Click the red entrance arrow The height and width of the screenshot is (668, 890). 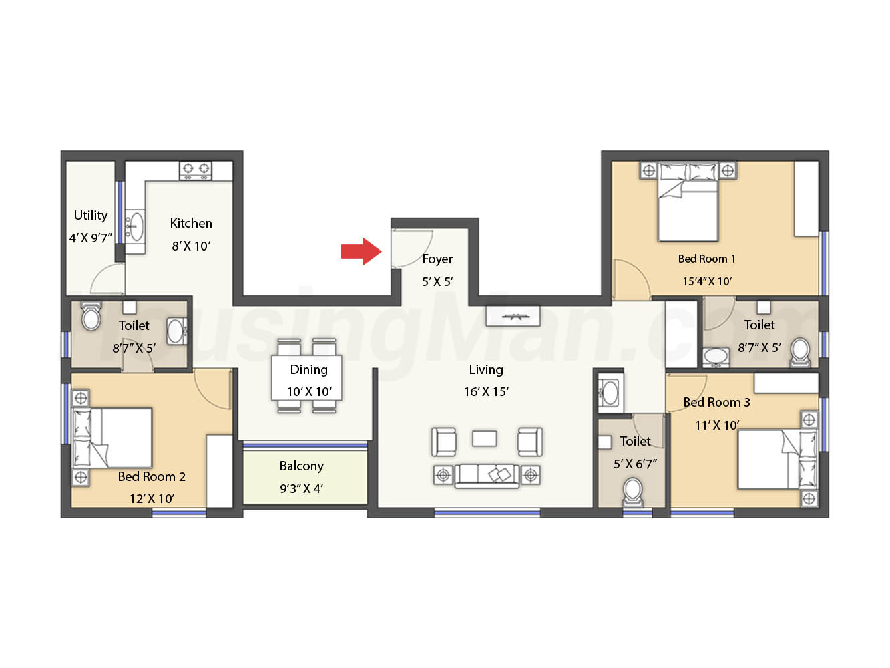pyautogui.click(x=361, y=251)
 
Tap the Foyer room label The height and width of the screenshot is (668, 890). pyautogui.click(x=437, y=259)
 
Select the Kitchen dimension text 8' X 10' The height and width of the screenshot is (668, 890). pyautogui.click(x=191, y=246)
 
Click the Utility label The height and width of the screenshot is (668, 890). pyautogui.click(x=90, y=215)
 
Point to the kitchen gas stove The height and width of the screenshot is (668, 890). pyautogui.click(x=196, y=171)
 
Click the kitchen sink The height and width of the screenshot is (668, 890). pyautogui.click(x=134, y=226)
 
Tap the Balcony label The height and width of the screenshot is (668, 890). pyautogui.click(x=301, y=466)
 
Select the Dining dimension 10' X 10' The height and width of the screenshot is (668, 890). pyautogui.click(x=309, y=392)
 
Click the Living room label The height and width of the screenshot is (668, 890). pyautogui.click(x=486, y=370)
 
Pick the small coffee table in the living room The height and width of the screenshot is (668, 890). pyautogui.click(x=485, y=438)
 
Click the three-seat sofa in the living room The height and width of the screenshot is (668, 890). pyautogui.click(x=487, y=476)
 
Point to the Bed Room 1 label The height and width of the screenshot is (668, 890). pyautogui.click(x=707, y=259)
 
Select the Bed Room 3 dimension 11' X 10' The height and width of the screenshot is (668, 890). pyautogui.click(x=717, y=425)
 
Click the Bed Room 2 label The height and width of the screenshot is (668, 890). pyautogui.click(x=152, y=476)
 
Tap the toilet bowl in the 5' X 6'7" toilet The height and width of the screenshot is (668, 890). pyautogui.click(x=632, y=492)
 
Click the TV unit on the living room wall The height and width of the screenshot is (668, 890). pyautogui.click(x=513, y=316)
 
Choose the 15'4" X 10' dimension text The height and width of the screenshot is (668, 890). pyautogui.click(x=707, y=281)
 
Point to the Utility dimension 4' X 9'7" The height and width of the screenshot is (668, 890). pyautogui.click(x=90, y=238)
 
